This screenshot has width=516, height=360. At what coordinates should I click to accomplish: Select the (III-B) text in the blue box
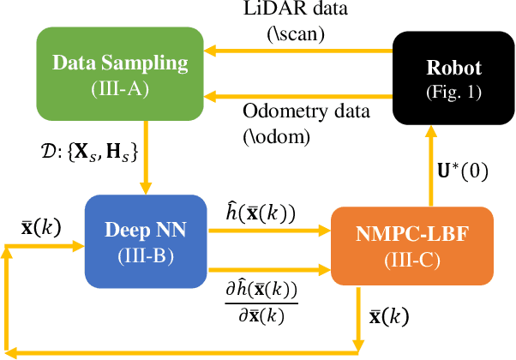tap(146, 256)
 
